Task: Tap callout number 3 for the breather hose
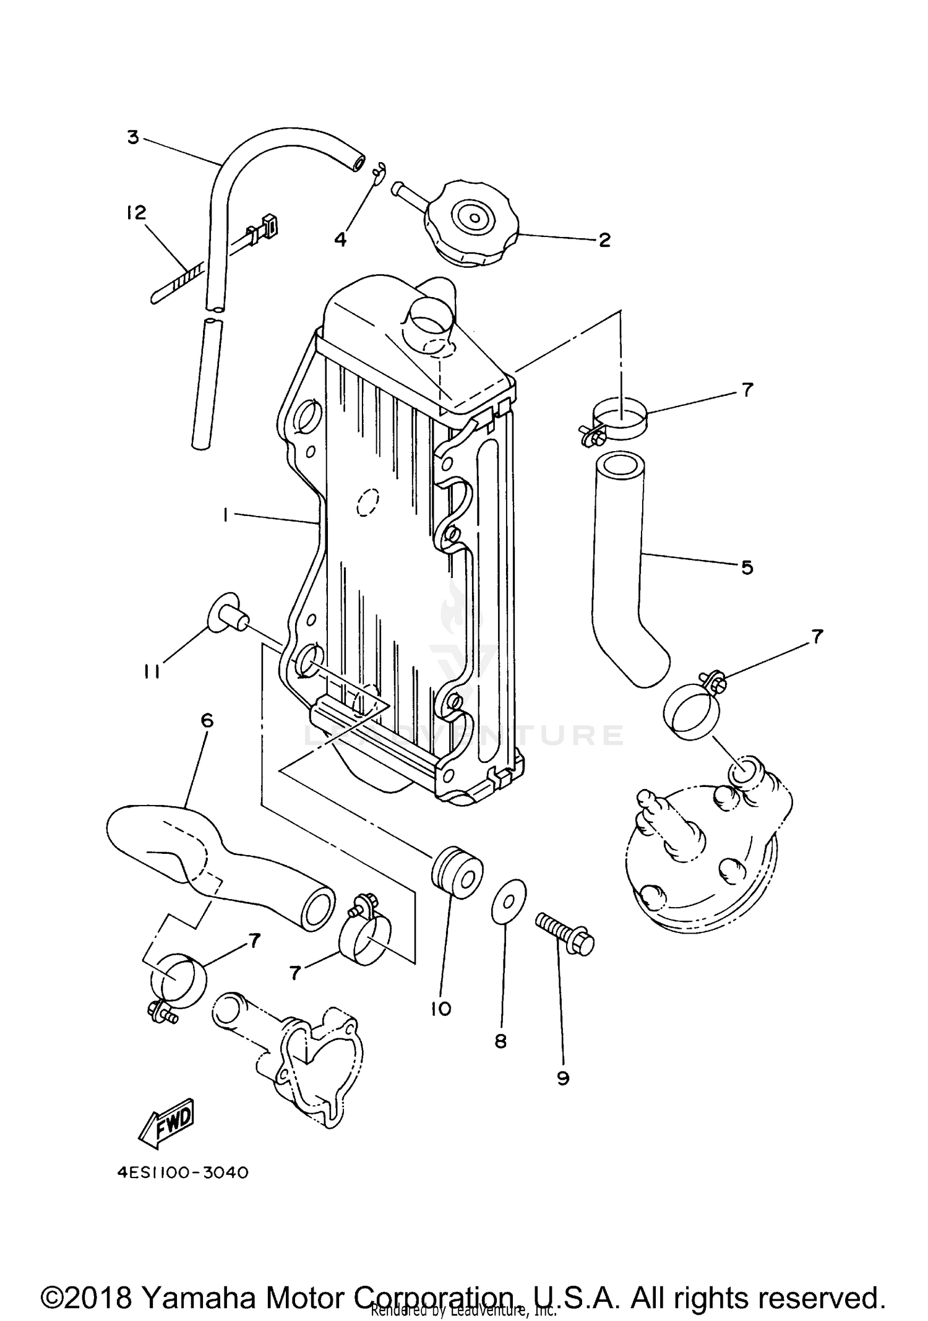tap(133, 137)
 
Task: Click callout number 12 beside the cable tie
tap(136, 213)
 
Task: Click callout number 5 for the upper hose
tap(747, 567)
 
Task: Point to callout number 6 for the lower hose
tap(207, 721)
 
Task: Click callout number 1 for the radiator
tap(226, 515)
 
